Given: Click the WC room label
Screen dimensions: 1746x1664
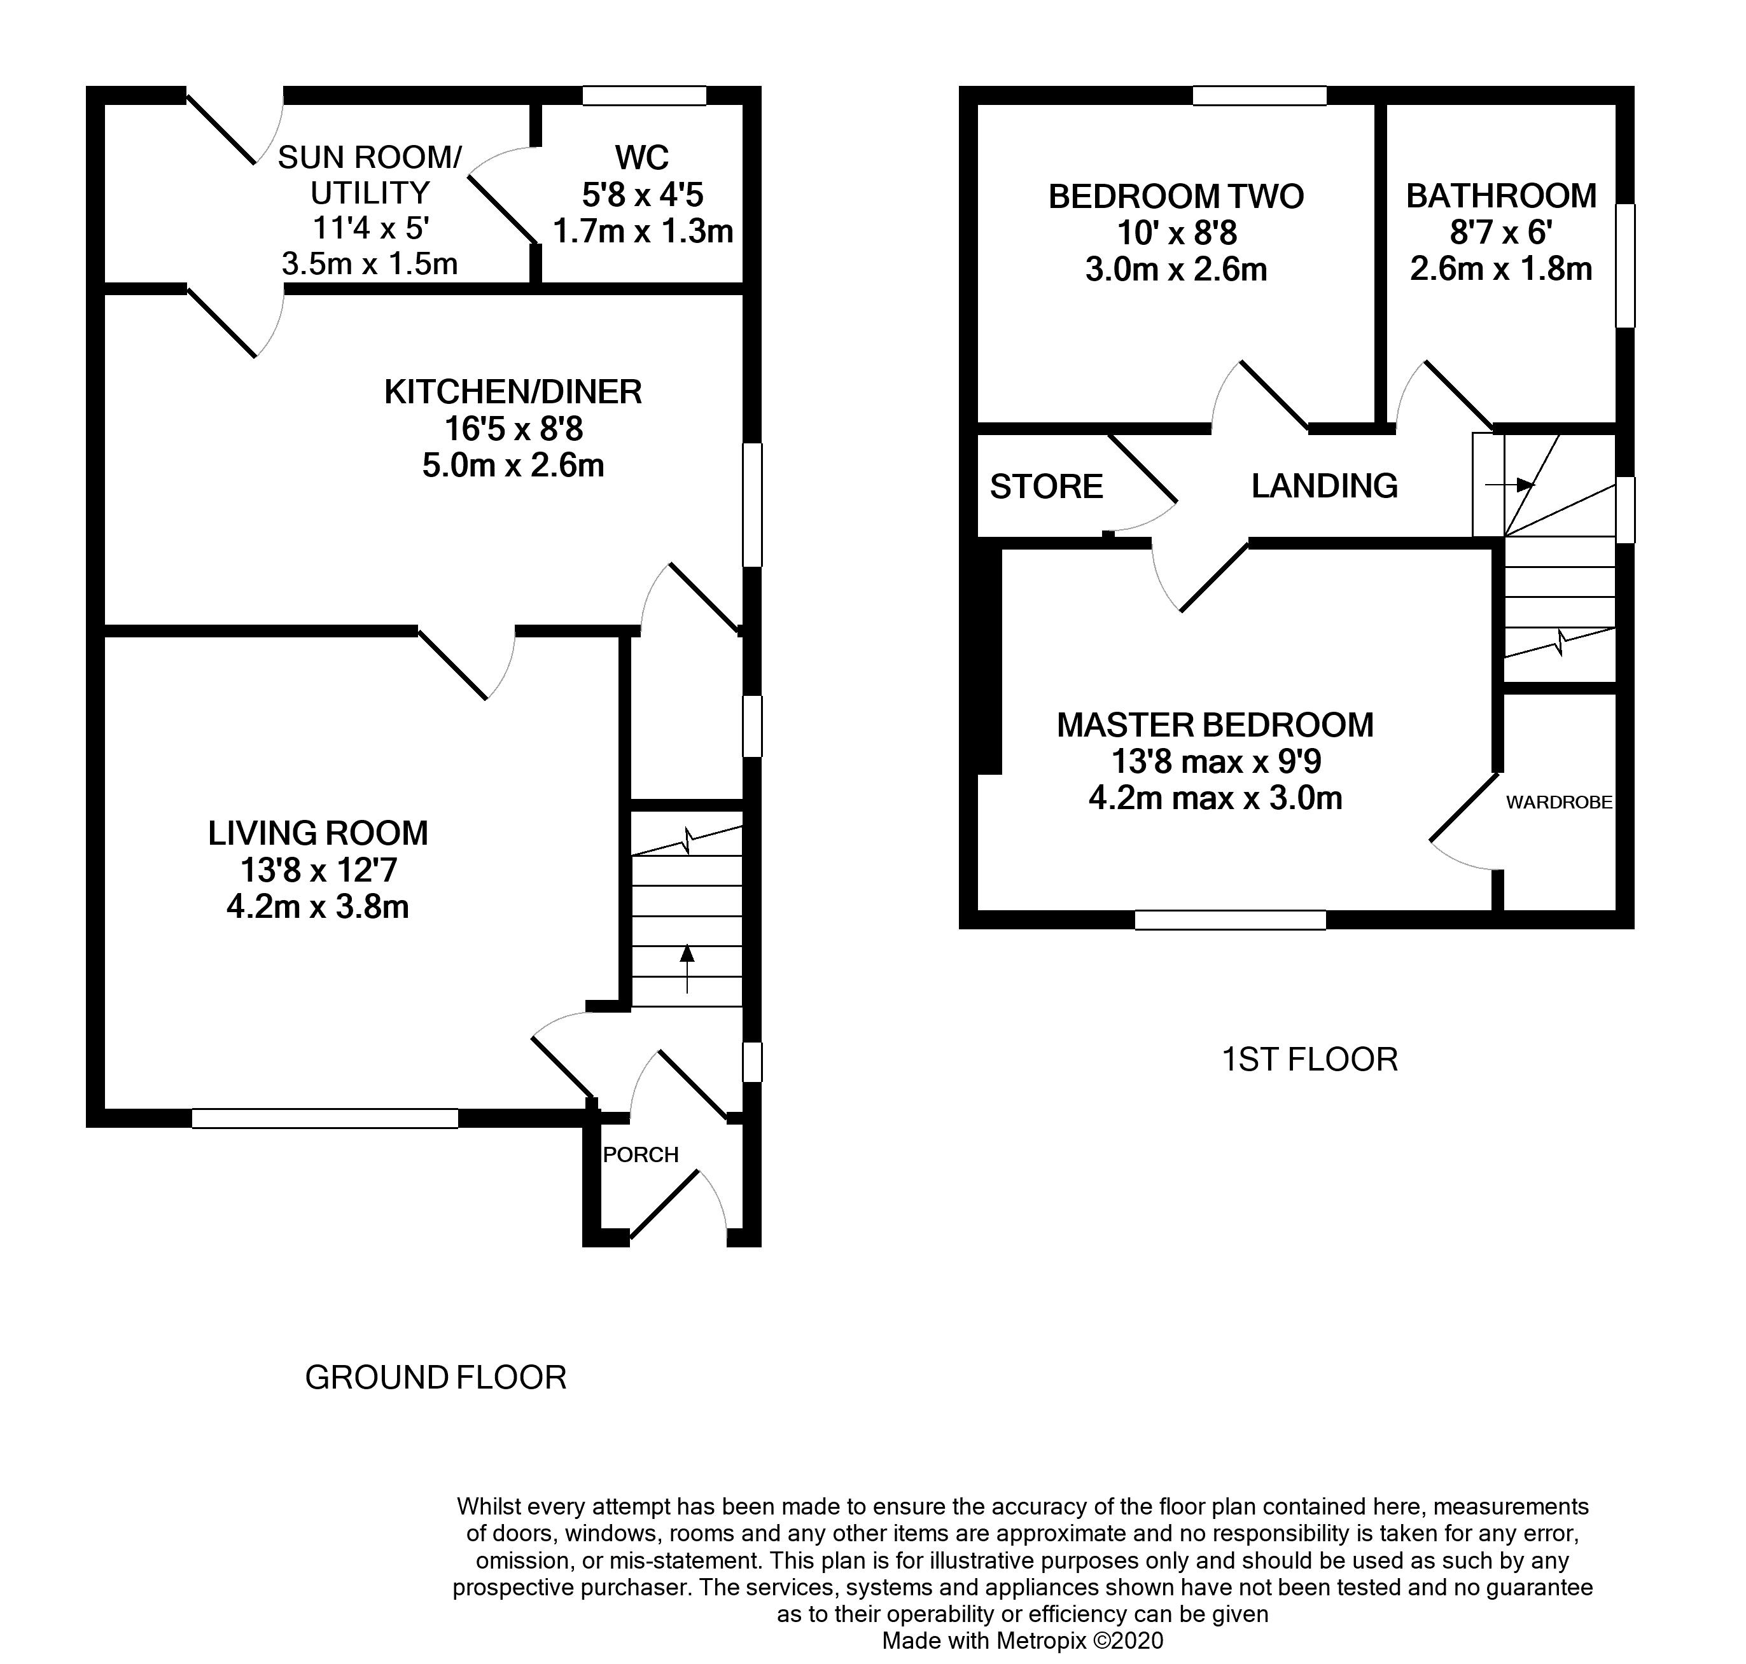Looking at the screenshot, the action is pyautogui.click(x=641, y=158).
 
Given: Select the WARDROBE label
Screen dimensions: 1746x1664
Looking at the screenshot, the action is pyautogui.click(x=1559, y=803).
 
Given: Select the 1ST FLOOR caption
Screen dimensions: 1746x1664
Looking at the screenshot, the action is pyautogui.click(x=1309, y=1059).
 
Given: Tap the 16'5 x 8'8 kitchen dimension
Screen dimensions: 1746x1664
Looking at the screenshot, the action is pyautogui.click(x=513, y=429).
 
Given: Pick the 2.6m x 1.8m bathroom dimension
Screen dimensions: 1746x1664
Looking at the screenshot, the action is pyautogui.click(x=1501, y=269).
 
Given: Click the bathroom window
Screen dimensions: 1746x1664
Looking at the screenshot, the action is pyautogui.click(x=1624, y=266).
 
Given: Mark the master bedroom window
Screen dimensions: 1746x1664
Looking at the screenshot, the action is pyautogui.click(x=1231, y=920).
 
